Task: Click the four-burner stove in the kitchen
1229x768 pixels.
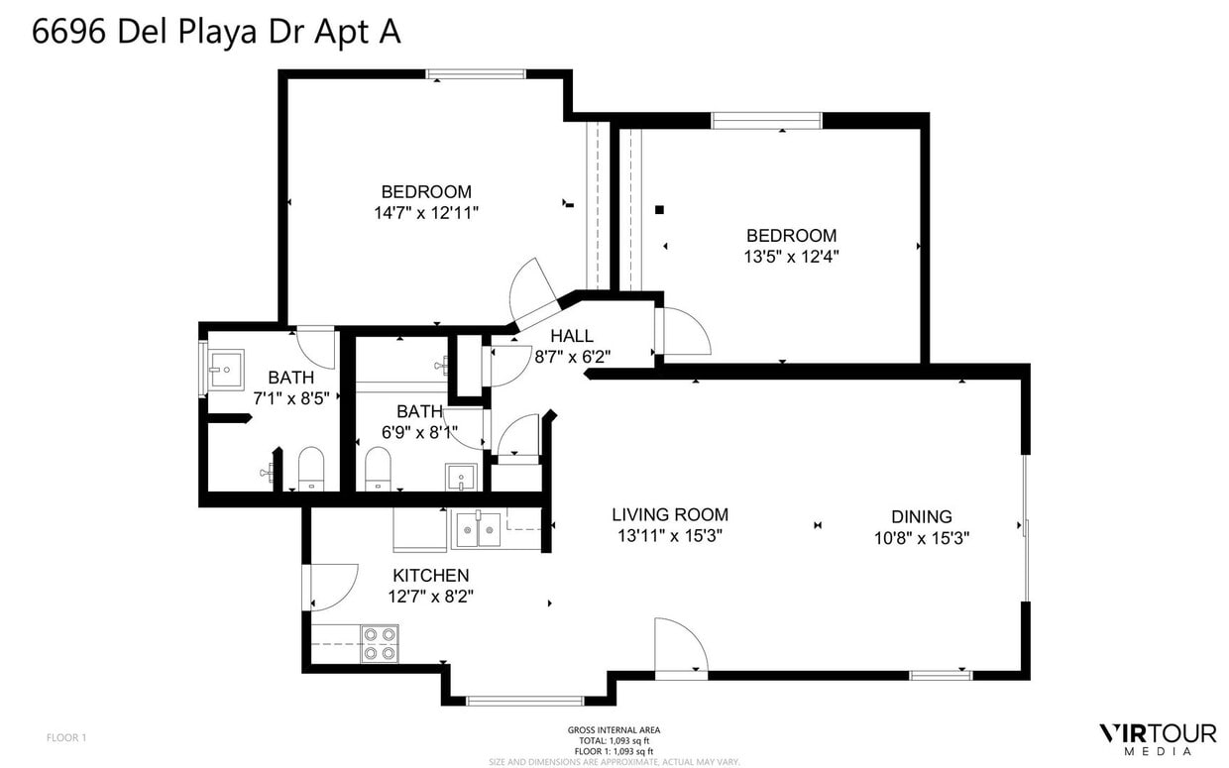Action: (x=380, y=643)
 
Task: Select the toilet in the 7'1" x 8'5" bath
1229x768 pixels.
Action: (x=311, y=469)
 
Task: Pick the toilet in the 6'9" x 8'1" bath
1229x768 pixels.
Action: (x=378, y=469)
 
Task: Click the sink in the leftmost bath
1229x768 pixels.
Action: (x=224, y=370)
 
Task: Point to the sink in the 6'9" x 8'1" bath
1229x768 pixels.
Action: (x=461, y=478)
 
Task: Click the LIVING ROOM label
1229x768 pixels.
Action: (x=669, y=514)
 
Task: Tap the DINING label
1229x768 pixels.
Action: (x=921, y=516)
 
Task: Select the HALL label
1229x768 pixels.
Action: (x=572, y=337)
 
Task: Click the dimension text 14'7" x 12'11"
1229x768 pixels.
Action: (x=426, y=213)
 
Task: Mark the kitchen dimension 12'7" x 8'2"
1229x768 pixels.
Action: (x=430, y=597)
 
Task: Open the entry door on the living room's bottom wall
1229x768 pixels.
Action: (x=681, y=647)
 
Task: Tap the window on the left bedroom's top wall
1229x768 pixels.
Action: (x=476, y=74)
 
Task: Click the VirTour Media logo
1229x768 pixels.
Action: (x=1157, y=738)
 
